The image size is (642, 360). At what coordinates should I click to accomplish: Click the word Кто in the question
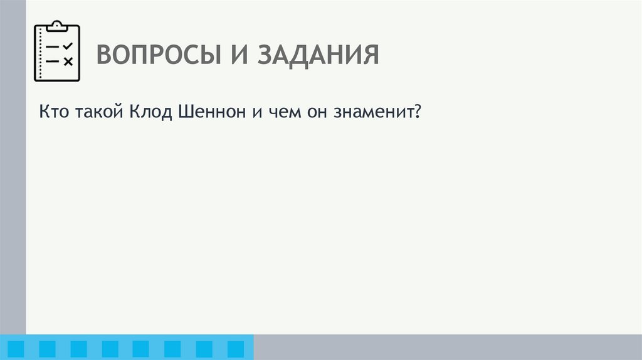point(53,114)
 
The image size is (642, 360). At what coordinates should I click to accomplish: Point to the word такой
point(101,114)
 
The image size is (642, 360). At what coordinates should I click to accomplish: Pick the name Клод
point(150,114)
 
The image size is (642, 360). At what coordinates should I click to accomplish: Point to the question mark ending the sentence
point(417,114)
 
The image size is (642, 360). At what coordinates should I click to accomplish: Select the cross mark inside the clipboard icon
point(68,61)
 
